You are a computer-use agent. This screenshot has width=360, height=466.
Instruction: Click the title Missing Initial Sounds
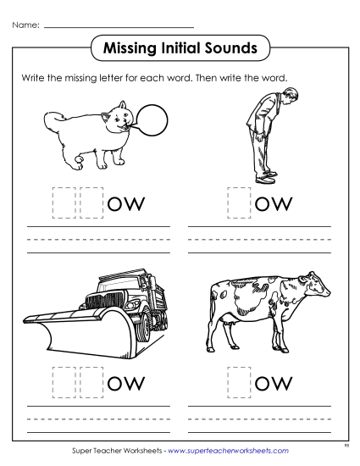180,48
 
